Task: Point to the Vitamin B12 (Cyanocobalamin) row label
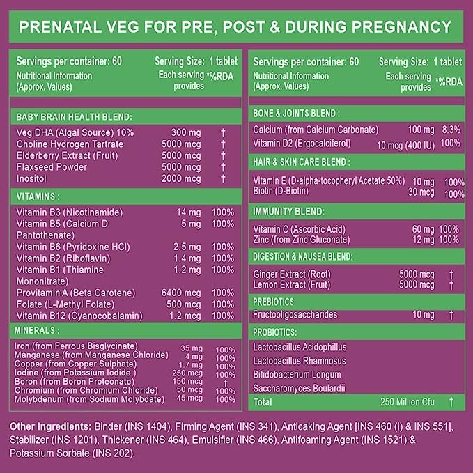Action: coord(80,316)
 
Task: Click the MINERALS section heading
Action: coord(39,330)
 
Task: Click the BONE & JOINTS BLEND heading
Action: coord(296,113)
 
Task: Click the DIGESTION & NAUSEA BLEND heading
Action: coord(303,256)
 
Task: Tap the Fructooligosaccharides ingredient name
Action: coord(295,315)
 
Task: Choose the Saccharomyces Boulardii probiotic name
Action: coord(300,389)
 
